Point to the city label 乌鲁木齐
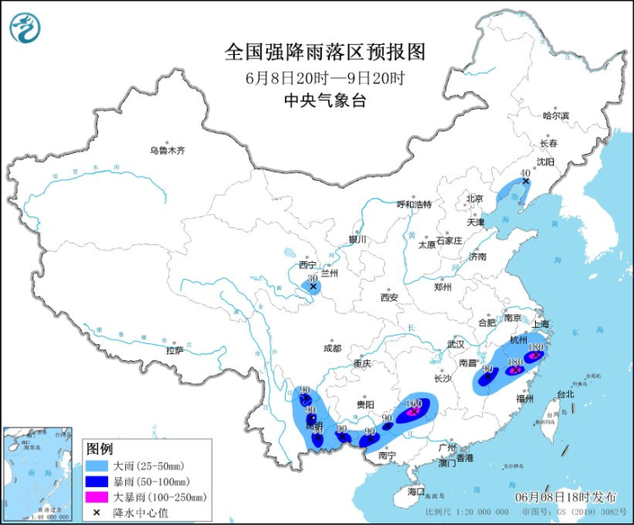pos(167,150)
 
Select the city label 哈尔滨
pos(555,115)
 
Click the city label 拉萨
pos(175,349)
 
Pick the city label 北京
pos(474,200)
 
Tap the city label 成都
pos(331,347)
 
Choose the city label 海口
pos(415,491)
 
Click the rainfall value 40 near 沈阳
pos(525,172)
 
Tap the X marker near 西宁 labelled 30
pos(314,287)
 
